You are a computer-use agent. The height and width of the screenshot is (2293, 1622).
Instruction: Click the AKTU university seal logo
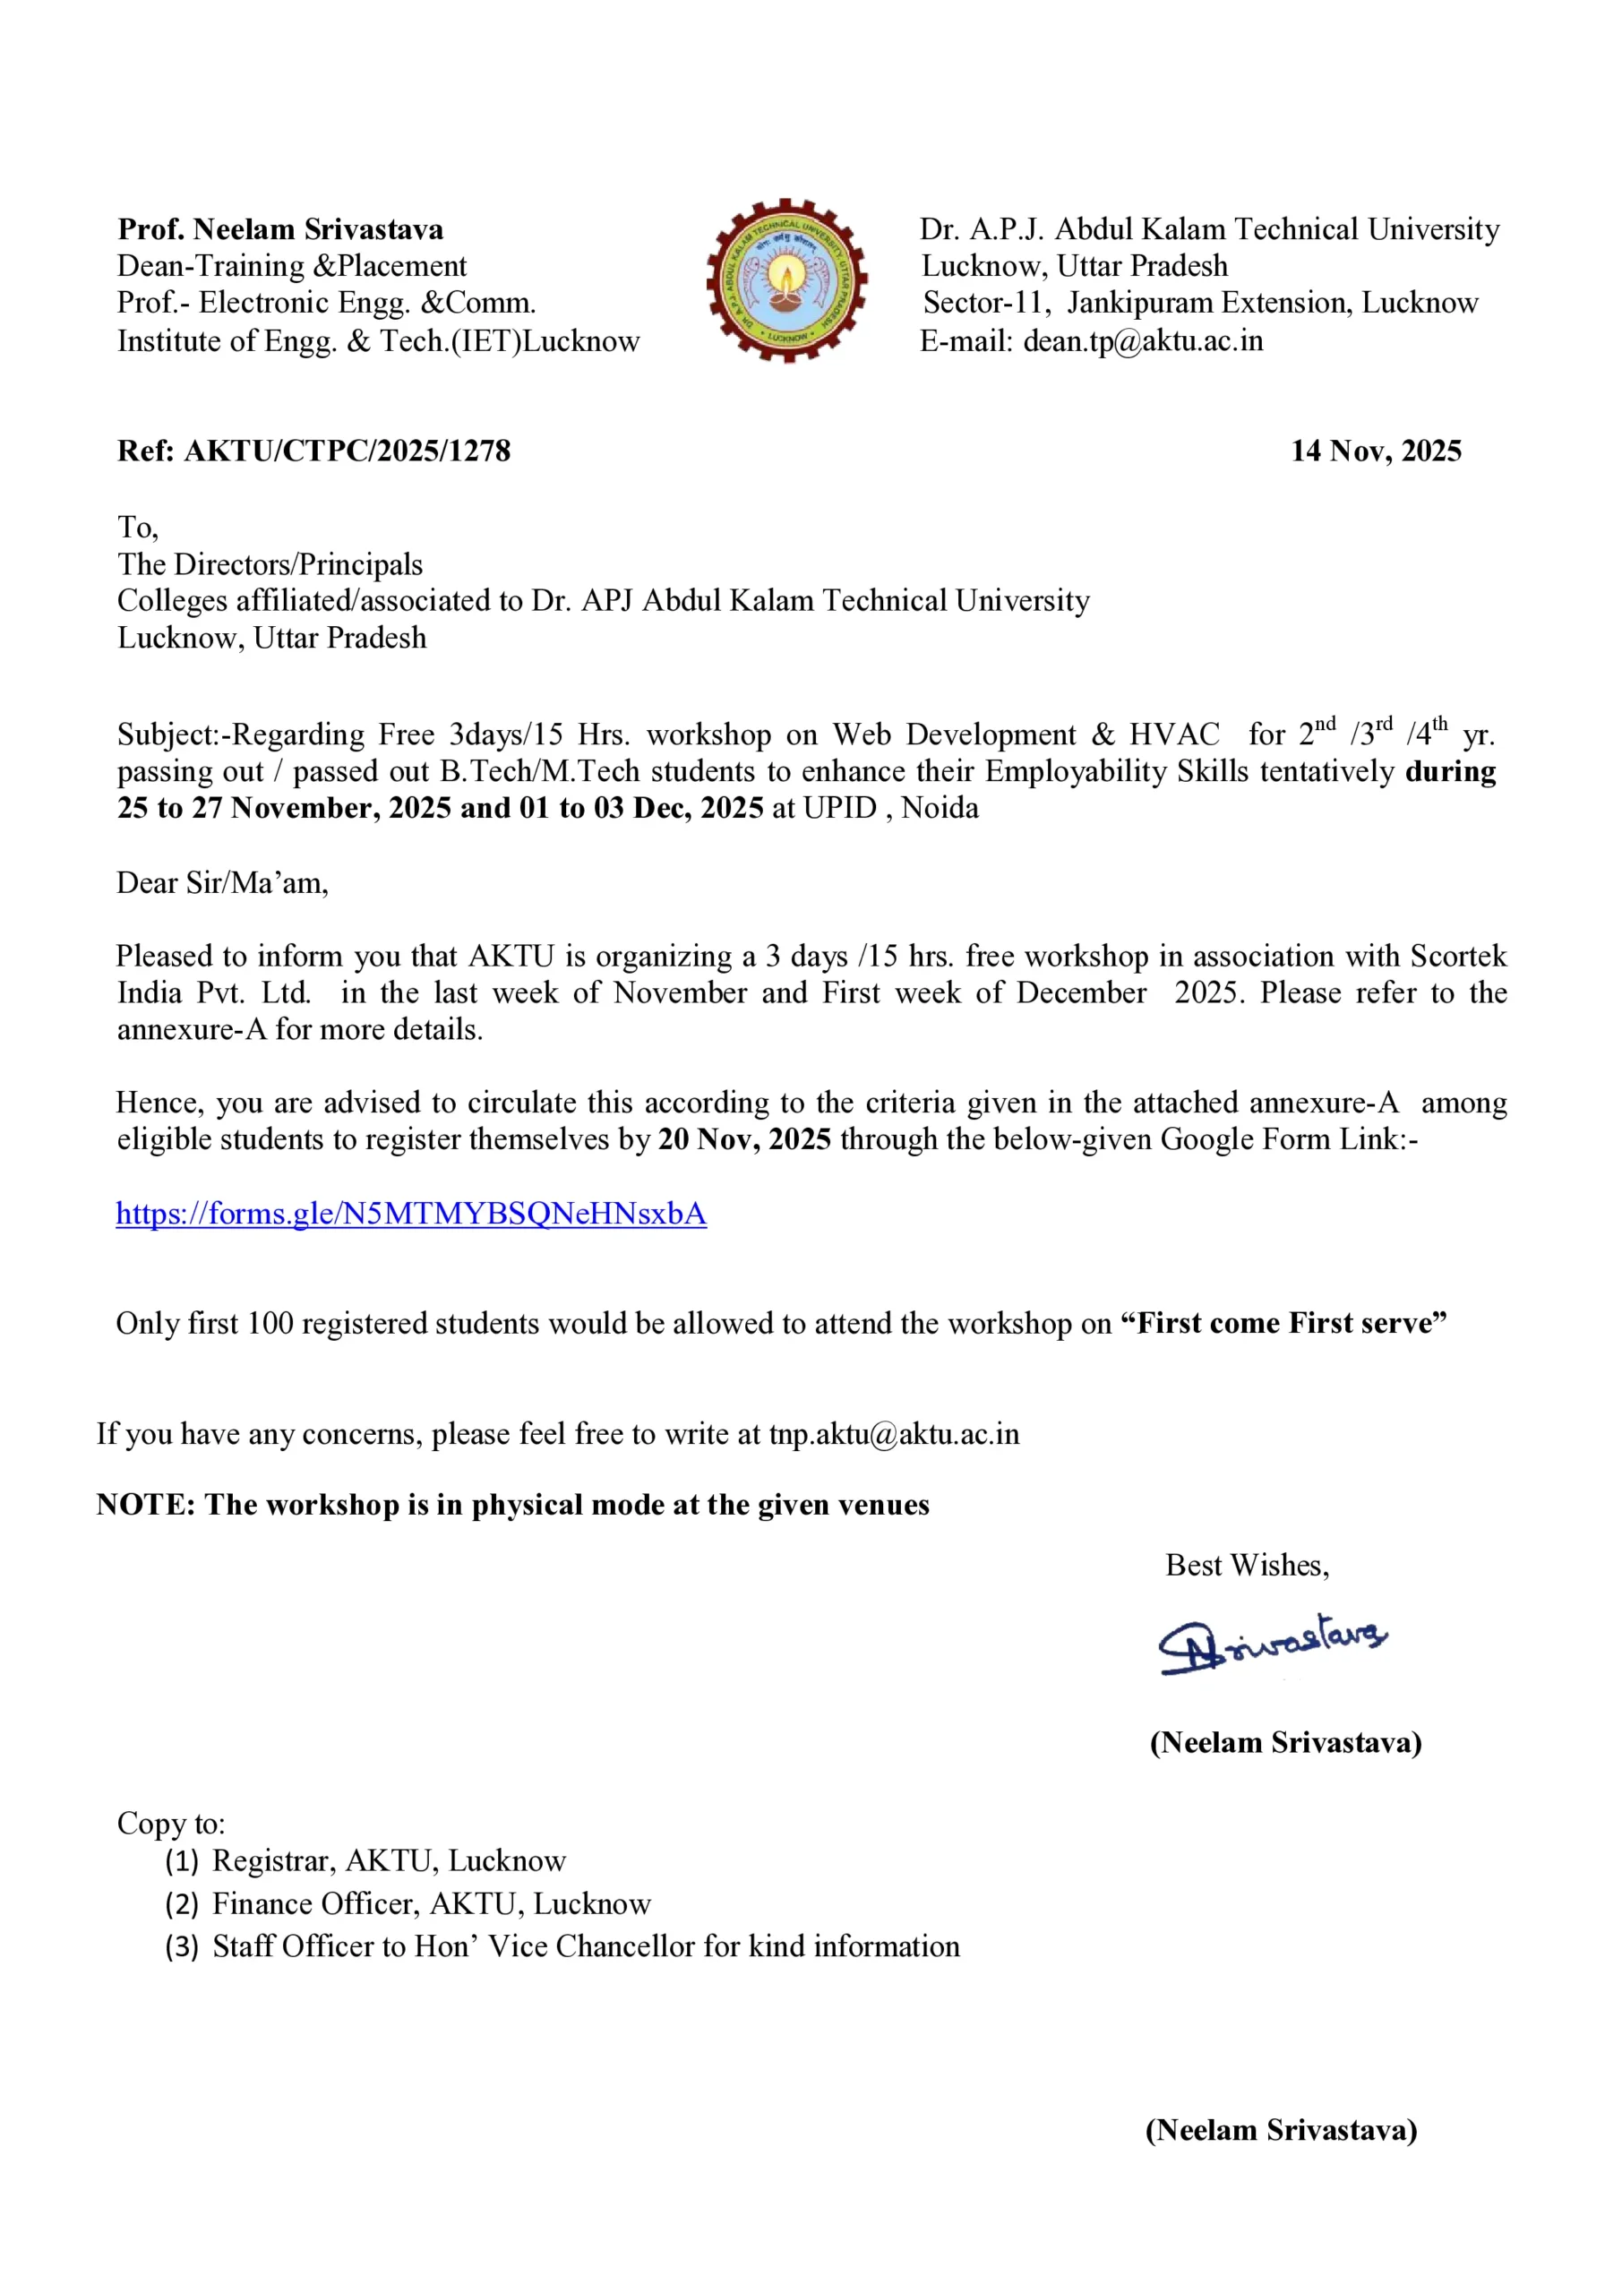point(786,280)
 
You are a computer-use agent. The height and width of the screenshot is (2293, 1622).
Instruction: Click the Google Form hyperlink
point(410,1214)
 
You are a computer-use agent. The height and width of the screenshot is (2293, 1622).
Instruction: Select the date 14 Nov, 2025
point(1376,451)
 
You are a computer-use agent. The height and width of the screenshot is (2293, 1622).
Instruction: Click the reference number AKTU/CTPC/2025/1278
point(347,451)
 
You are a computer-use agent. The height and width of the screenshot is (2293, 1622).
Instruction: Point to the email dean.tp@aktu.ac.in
point(1143,341)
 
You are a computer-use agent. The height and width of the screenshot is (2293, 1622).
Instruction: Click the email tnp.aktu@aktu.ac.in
point(894,1434)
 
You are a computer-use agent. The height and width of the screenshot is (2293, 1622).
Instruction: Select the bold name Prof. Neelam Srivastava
point(280,229)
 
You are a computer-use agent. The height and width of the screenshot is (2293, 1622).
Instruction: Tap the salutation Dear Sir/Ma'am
point(222,883)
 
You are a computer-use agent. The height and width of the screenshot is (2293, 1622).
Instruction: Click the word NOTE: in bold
point(146,1505)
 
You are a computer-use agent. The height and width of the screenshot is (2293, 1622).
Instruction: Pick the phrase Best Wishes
point(1247,1565)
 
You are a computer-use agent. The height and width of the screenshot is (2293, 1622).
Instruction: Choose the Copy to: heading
point(171,1824)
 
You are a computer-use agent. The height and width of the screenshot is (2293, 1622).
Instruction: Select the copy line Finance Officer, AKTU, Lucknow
point(432,1904)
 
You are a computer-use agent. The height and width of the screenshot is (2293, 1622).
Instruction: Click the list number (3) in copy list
point(182,1946)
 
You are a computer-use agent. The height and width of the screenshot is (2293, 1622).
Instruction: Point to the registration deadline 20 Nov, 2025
point(744,1139)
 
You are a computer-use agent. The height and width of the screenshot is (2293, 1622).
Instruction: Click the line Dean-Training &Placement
point(292,267)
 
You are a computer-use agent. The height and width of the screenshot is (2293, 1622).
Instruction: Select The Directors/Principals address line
point(270,565)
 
